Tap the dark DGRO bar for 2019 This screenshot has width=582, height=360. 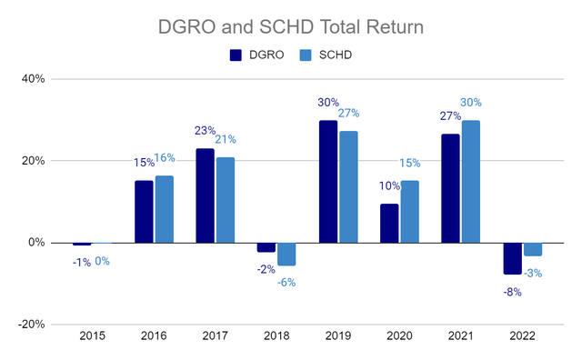(327, 181)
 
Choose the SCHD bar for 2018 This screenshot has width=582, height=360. (286, 254)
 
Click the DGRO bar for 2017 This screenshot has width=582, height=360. (205, 195)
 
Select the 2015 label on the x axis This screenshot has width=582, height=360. (91, 335)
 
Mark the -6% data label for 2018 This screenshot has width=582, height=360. (286, 282)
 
